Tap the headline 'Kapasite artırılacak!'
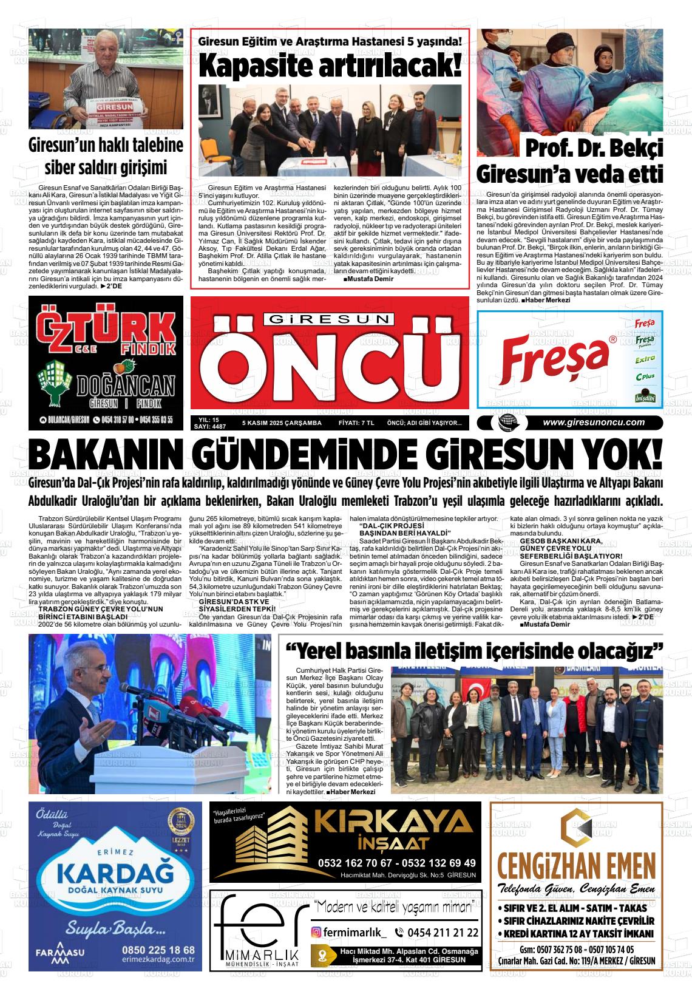[x=330, y=66]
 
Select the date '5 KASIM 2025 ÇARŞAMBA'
[x=280, y=423]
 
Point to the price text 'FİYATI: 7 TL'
[x=356, y=423]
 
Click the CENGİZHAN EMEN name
[x=576, y=865]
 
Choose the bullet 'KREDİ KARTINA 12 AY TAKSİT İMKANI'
[x=577, y=934]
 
